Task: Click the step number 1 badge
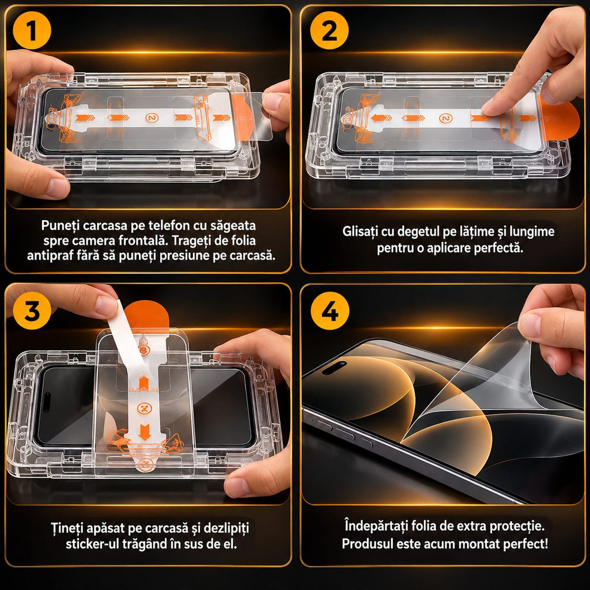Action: point(32,31)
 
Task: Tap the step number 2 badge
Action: point(329,31)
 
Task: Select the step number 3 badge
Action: point(32,311)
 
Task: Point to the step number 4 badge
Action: point(330,311)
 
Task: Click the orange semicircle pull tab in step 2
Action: point(561,120)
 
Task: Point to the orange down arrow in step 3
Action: point(145,432)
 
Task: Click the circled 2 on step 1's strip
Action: point(152,118)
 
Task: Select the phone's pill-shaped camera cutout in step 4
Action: point(335,368)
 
